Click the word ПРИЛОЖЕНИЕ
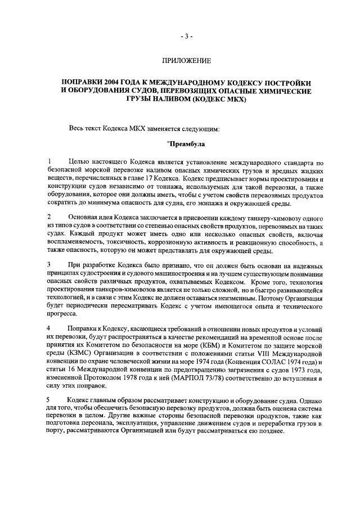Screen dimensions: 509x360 [187, 60]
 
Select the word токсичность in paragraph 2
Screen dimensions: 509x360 [120, 242]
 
